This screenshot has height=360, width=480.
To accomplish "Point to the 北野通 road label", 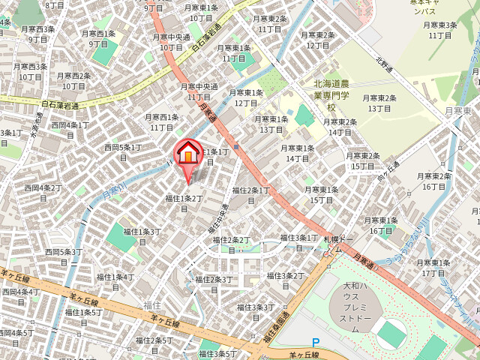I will click(x=385, y=57).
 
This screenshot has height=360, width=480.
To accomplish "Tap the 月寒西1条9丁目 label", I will click(x=100, y=38).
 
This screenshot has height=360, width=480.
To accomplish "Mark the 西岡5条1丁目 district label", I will click(x=122, y=152).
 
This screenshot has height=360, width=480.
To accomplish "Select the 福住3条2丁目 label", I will click(x=284, y=280).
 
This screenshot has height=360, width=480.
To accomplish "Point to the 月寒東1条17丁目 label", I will click(x=433, y=268).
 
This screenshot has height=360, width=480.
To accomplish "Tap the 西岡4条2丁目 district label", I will click(x=42, y=192).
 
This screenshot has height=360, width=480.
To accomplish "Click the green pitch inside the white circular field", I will click(x=392, y=333).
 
